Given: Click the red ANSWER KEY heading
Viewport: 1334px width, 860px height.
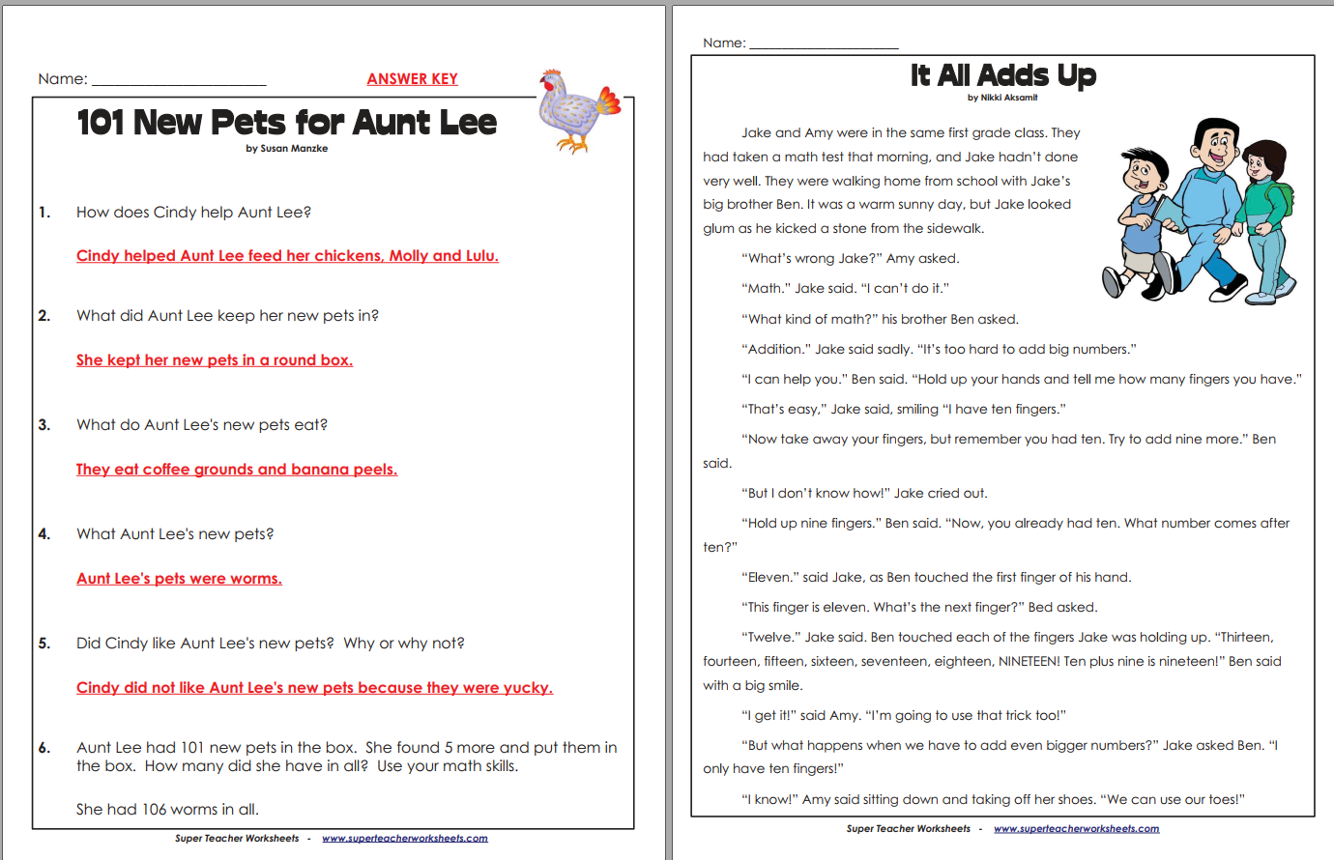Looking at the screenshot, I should tap(412, 79).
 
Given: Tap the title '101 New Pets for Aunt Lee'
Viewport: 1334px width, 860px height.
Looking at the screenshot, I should tap(286, 123).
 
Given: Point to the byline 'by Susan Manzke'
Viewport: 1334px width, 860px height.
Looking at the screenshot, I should tap(286, 149).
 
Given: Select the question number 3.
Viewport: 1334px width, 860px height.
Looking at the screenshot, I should tap(44, 425).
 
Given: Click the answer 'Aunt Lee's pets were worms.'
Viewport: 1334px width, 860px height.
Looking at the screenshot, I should tap(179, 579).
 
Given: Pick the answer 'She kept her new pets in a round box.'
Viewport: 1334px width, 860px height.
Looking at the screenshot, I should tap(215, 360).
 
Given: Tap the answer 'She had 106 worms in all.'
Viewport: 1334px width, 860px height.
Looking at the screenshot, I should tap(167, 810).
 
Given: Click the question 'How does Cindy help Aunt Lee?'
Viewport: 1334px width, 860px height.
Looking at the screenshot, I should tap(193, 213).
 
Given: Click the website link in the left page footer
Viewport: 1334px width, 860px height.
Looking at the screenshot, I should tap(404, 839).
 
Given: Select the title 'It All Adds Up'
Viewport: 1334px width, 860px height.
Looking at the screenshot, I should tap(1002, 75).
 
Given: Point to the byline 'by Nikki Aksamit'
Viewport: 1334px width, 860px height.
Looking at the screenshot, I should tap(1002, 98).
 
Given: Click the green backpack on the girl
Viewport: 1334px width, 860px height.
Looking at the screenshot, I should tap(1282, 197).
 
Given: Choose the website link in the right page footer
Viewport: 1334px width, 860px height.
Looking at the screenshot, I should tap(1076, 829).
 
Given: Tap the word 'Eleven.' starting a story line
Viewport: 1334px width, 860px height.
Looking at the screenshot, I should tap(771, 578).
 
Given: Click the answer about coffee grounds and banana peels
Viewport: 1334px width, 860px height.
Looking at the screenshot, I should tap(237, 470).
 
